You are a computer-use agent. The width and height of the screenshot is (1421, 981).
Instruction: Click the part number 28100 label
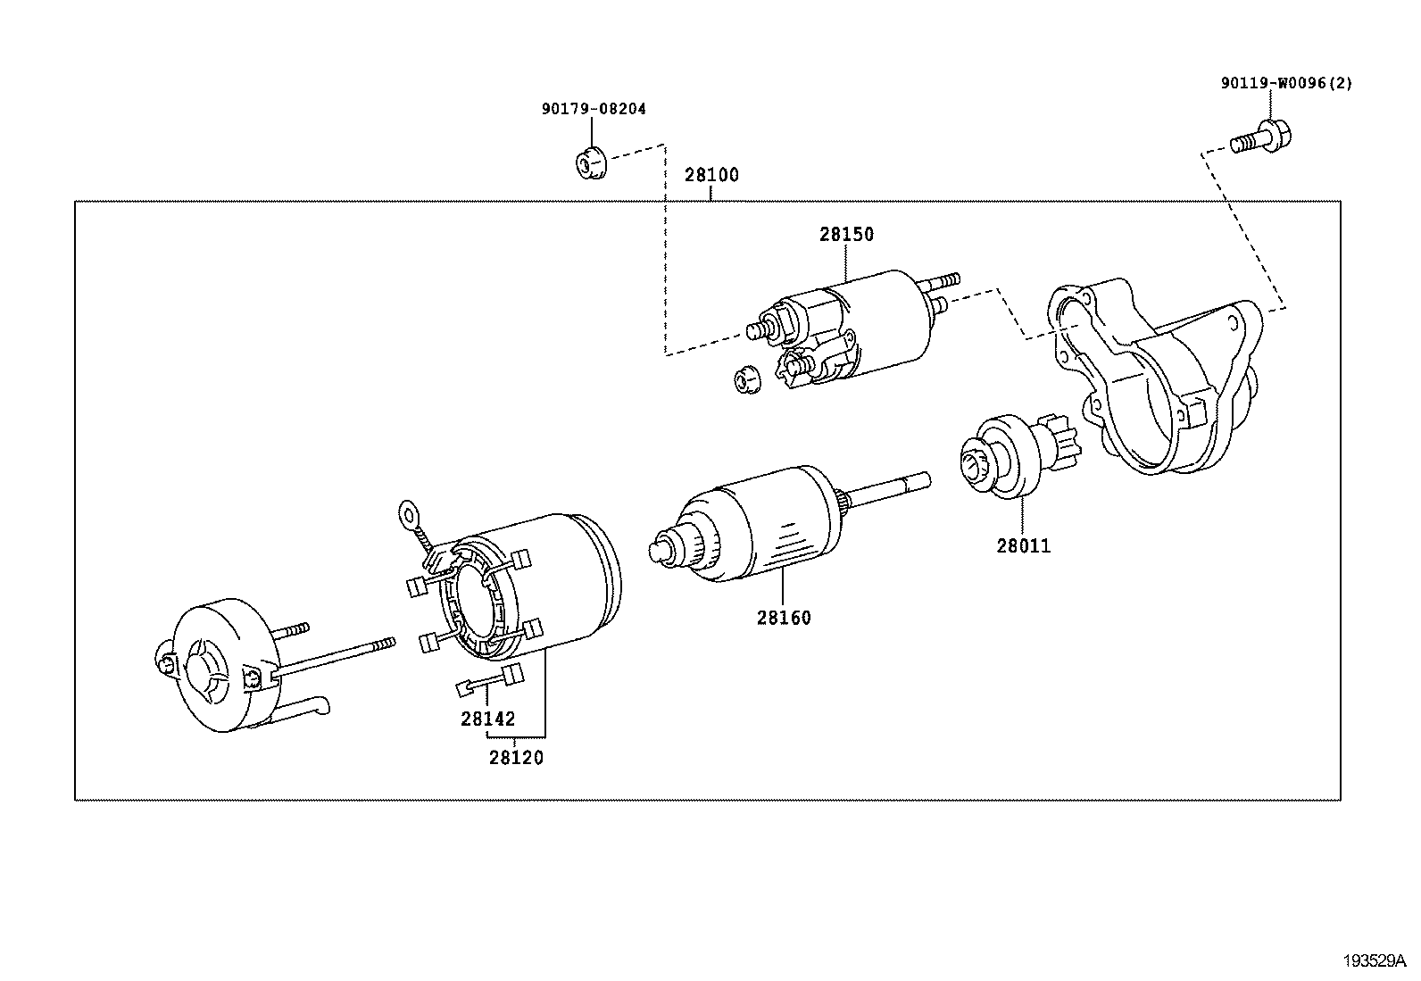pos(711,175)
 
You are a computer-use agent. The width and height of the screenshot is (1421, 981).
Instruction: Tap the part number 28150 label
pos(846,235)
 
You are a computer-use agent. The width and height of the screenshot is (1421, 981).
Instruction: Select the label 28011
pos(1023,545)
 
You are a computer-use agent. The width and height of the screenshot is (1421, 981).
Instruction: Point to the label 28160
pos(784,618)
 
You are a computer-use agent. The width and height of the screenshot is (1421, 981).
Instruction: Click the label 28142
pos(487,719)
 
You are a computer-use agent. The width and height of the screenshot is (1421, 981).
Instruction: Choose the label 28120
pos(515,758)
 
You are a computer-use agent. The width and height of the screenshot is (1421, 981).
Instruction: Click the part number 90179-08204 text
pos(593,109)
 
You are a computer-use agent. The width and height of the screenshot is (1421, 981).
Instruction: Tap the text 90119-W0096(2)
pos(1286,84)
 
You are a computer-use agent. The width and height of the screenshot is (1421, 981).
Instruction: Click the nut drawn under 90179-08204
pos(589,162)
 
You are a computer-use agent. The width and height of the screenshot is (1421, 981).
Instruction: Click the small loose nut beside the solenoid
pos(744,379)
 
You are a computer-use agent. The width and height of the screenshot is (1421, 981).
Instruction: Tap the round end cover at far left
pos(219,665)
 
